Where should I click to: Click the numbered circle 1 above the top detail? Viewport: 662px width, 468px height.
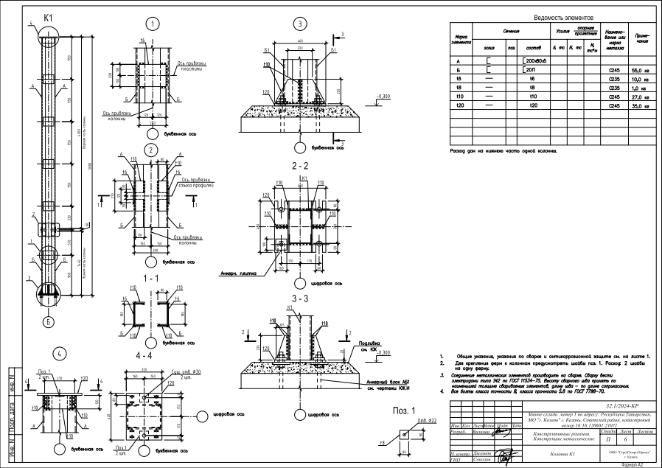coord(153,24)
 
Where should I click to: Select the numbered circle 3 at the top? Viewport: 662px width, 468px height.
coord(300,24)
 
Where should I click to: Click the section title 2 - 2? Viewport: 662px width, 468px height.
coord(301,165)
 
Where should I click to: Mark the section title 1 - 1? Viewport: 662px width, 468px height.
coord(151,278)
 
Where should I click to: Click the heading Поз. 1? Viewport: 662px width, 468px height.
coord(403,411)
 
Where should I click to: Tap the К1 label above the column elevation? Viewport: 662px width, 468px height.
coord(49,16)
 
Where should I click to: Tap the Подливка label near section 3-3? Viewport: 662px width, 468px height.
coord(371,343)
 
